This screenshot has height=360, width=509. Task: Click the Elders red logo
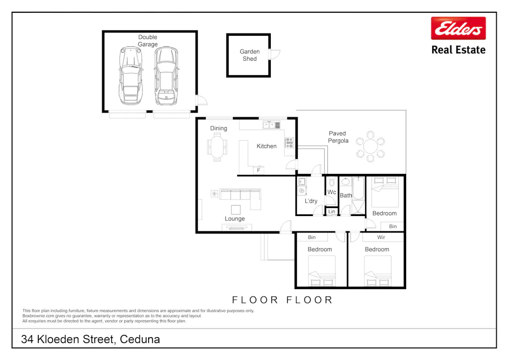click(x=458, y=28)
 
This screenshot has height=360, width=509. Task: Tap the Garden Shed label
click(x=249, y=55)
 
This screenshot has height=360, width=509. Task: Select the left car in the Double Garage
click(x=131, y=76)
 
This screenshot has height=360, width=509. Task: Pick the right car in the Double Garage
click(x=166, y=76)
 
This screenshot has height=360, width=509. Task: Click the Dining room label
click(x=219, y=129)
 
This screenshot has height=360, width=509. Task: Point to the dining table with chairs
click(x=217, y=146)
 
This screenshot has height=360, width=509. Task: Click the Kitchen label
click(x=266, y=146)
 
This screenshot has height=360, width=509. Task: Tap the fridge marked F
click(x=258, y=170)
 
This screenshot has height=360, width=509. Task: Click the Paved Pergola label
click(x=337, y=137)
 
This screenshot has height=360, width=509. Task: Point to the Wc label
click(x=332, y=193)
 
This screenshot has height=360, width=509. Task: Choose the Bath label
click(x=346, y=196)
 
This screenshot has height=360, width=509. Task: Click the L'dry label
click(x=311, y=201)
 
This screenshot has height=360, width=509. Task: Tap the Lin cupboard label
click(x=332, y=212)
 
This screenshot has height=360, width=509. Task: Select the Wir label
click(x=381, y=237)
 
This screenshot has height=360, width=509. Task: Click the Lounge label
click(x=235, y=219)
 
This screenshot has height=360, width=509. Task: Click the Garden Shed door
click(x=274, y=54)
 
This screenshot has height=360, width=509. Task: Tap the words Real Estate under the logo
click(x=458, y=50)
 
